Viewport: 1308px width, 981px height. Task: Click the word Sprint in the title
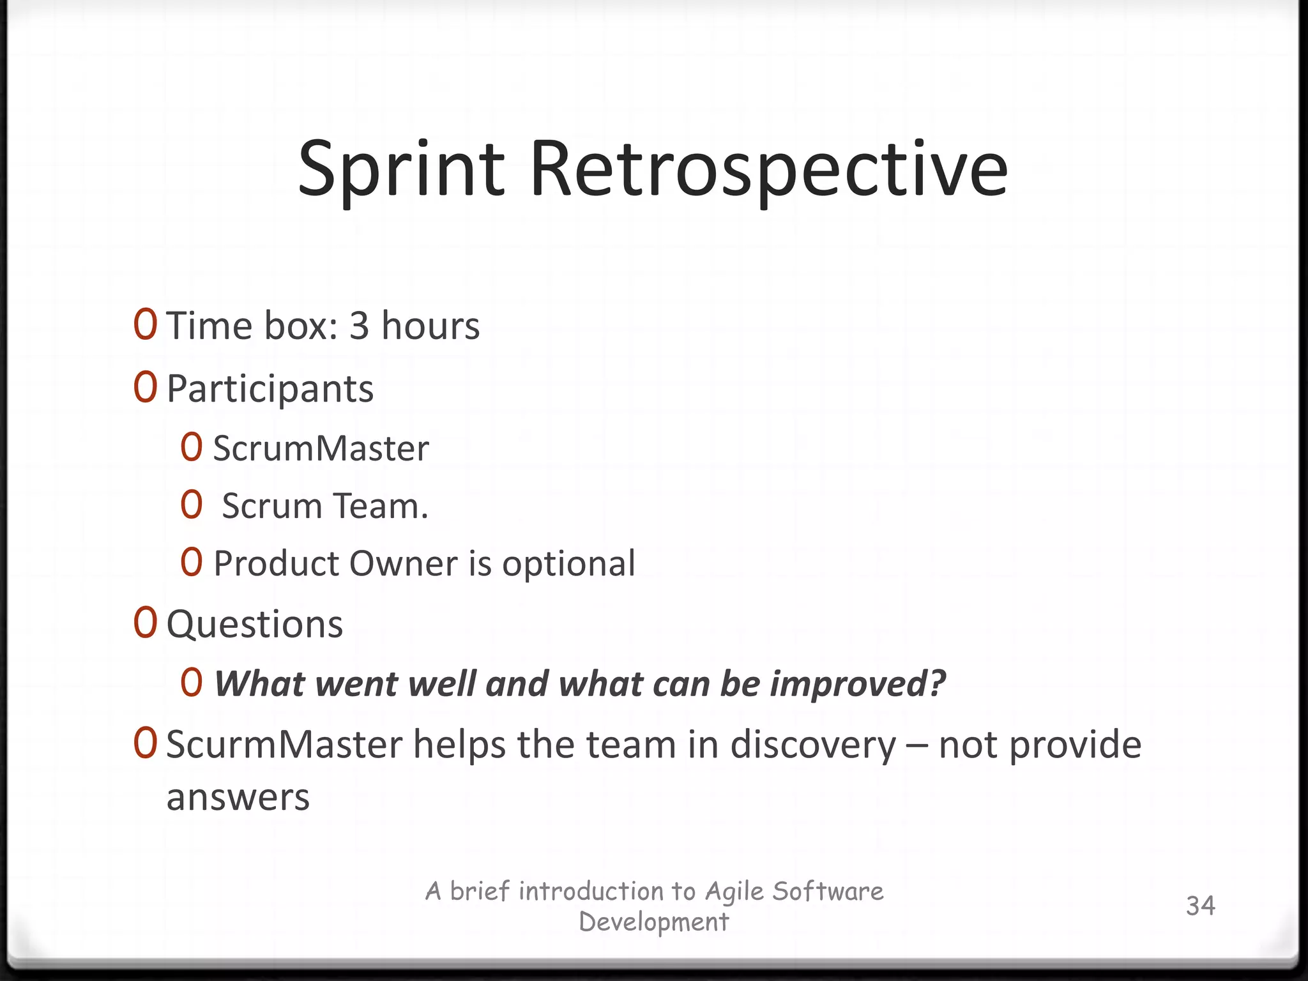click(402, 169)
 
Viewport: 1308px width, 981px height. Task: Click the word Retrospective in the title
click(768, 169)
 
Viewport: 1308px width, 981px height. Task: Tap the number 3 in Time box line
click(359, 326)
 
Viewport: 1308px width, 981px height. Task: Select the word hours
click(430, 326)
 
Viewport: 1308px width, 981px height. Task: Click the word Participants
click(270, 389)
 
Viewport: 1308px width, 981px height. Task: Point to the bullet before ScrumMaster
click(192, 447)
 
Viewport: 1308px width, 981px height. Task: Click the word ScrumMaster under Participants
click(321, 448)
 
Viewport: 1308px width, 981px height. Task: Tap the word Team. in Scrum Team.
click(380, 506)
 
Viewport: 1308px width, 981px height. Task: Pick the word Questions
click(255, 624)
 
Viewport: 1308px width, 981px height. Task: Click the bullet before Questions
click(146, 623)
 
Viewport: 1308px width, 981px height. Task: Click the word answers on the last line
click(238, 798)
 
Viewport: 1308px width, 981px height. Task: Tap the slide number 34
click(1200, 906)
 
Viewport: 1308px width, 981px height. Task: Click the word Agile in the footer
click(734, 892)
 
